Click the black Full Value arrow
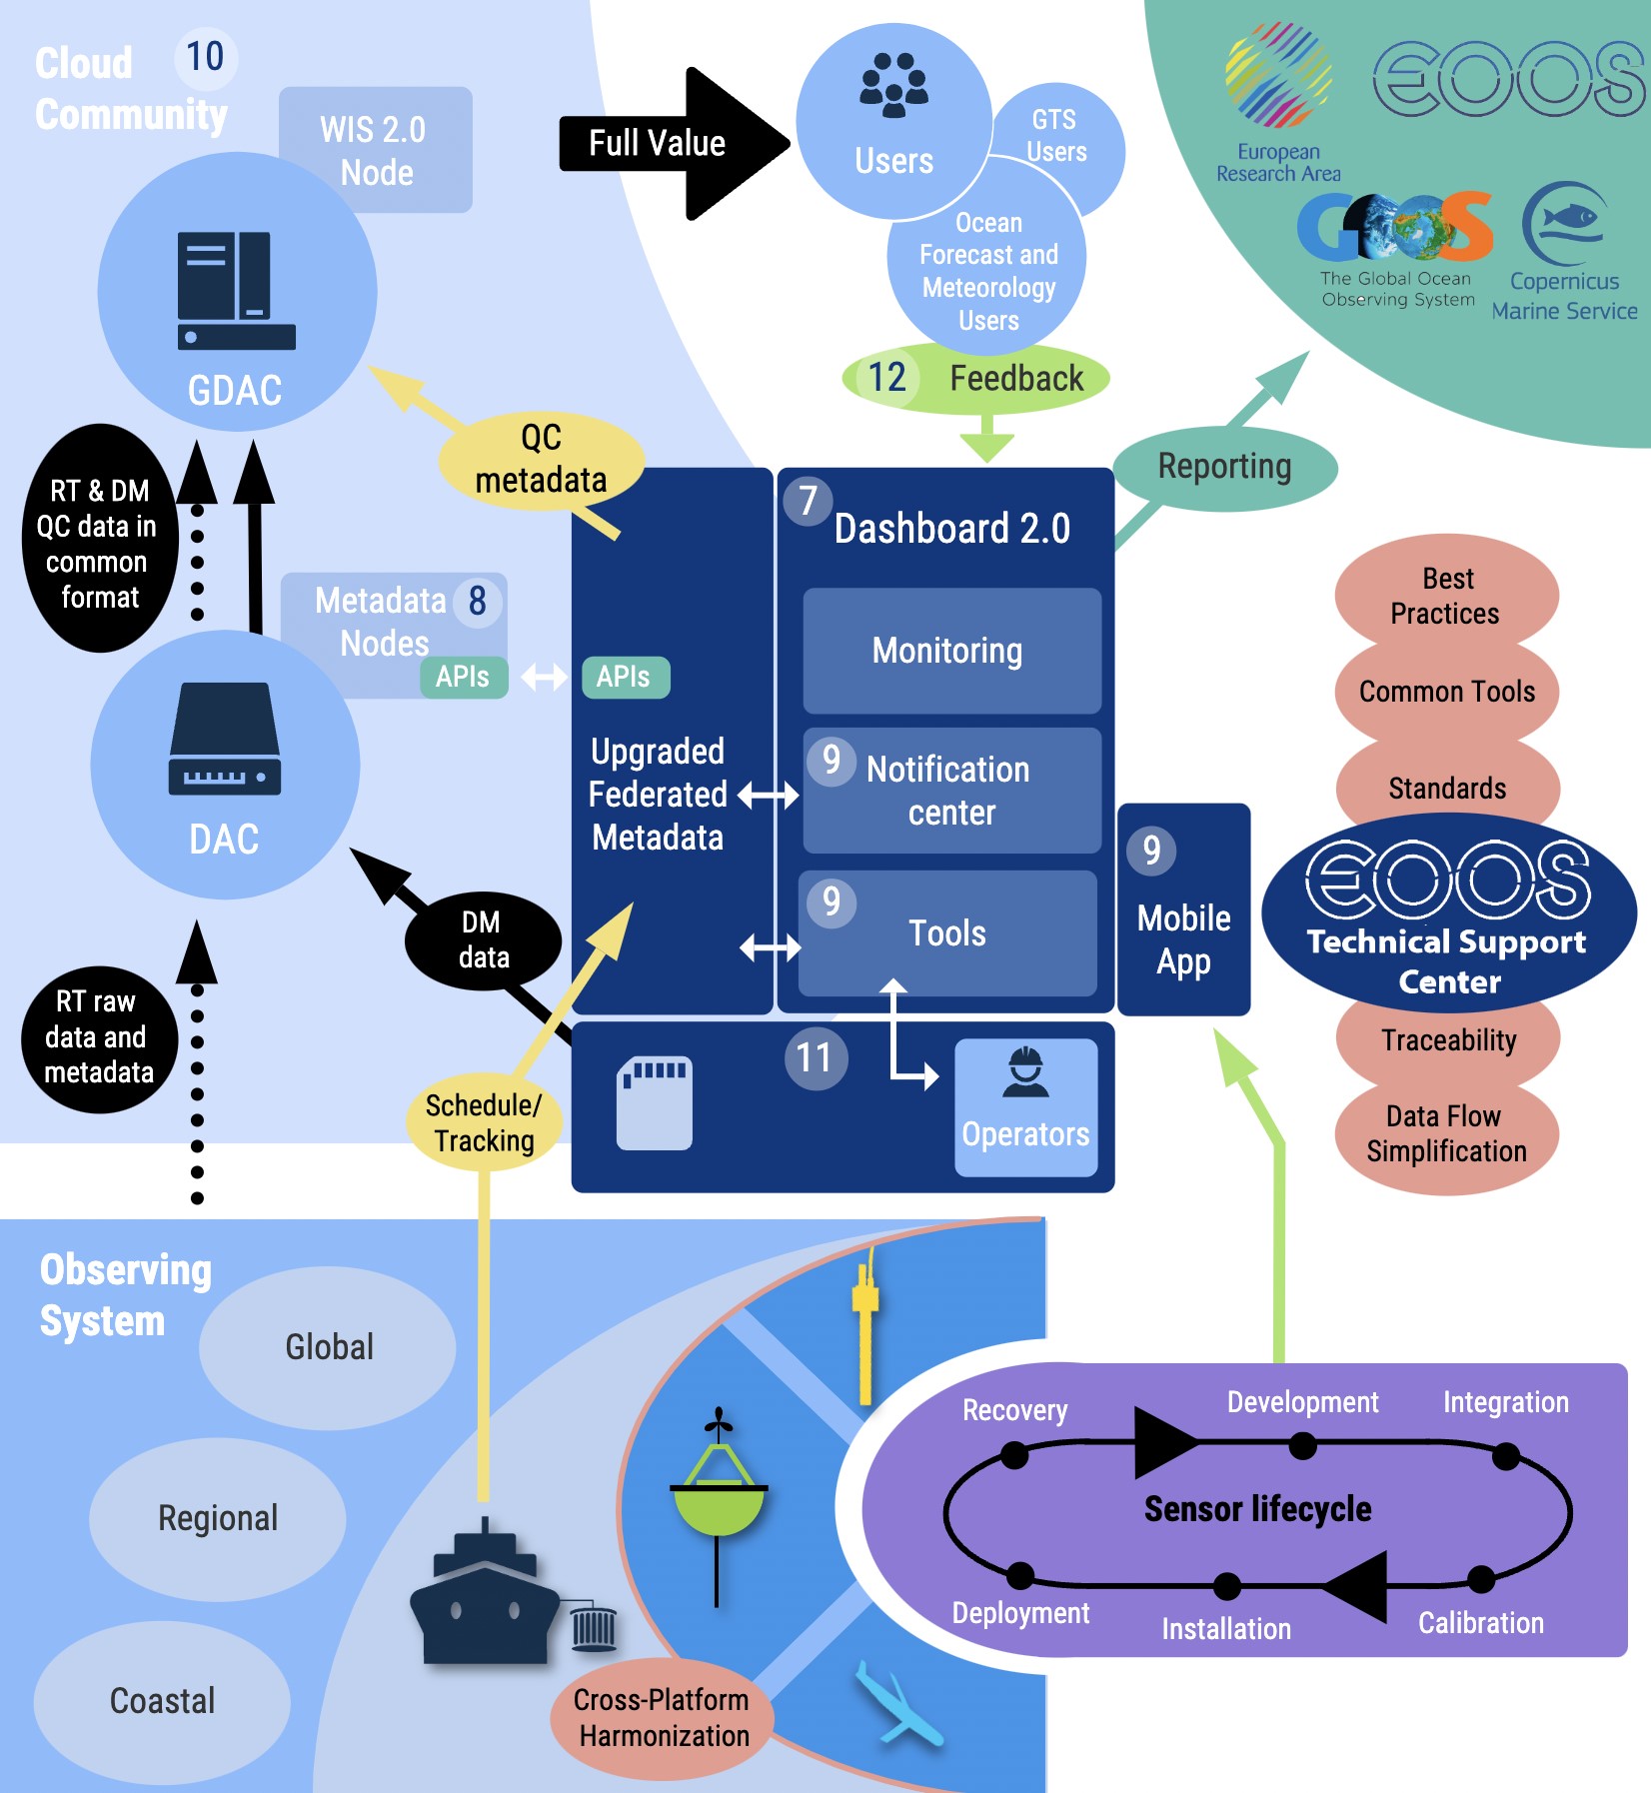click(675, 144)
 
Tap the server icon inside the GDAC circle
click(237, 291)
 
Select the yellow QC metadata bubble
click(541, 461)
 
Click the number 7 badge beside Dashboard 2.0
click(808, 501)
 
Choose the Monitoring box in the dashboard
click(951, 651)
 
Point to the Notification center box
click(951, 790)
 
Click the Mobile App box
click(1183, 909)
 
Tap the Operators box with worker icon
click(1025, 1107)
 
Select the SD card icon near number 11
click(655, 1102)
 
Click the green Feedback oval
click(976, 378)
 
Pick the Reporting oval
click(1224, 467)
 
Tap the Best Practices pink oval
click(1446, 596)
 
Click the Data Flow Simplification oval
click(1446, 1134)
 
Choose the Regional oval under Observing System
click(218, 1519)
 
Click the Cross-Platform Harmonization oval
click(663, 1718)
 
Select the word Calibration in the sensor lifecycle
click(1481, 1622)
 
